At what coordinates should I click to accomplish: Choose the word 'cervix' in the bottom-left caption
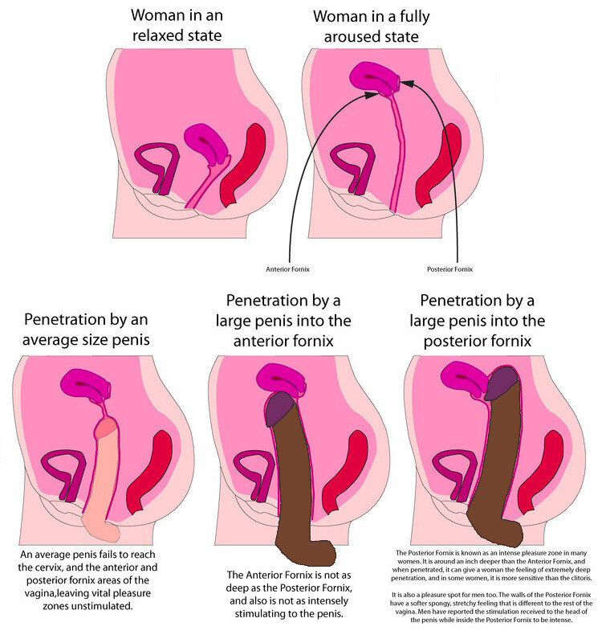coord(51,568)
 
